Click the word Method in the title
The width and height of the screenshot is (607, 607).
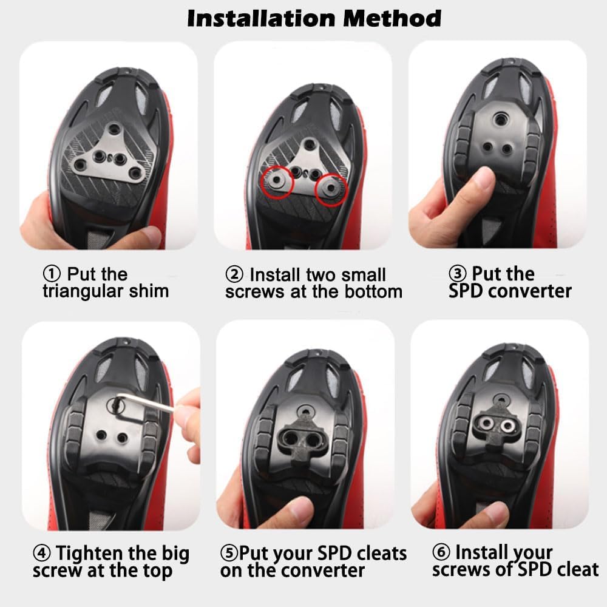[392, 18]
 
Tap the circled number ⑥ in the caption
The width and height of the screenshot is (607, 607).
[441, 552]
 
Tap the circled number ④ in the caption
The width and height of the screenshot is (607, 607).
[42, 554]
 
